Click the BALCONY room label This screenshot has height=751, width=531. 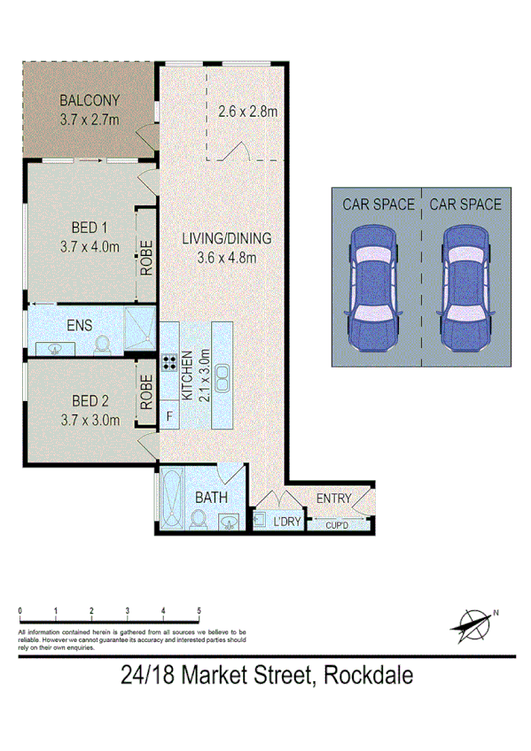(x=89, y=99)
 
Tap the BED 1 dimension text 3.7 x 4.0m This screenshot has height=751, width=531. (x=89, y=247)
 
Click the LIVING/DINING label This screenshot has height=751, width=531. (x=226, y=239)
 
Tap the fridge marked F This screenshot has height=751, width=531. (x=168, y=415)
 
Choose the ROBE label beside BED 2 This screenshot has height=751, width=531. (x=147, y=391)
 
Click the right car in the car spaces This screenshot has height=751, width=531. (x=465, y=287)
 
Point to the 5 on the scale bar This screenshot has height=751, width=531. (x=199, y=611)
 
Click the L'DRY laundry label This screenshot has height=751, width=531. (x=287, y=523)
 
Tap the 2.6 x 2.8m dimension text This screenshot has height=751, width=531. (x=248, y=112)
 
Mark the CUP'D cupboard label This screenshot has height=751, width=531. (x=337, y=525)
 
